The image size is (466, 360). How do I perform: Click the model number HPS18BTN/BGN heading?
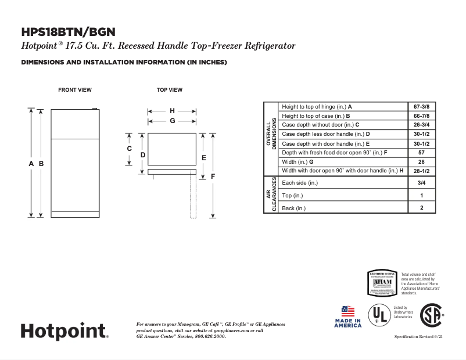click(x=68, y=32)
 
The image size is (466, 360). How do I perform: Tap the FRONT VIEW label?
click(x=75, y=90)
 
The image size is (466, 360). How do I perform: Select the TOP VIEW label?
click(x=170, y=90)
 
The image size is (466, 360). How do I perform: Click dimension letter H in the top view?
click(x=172, y=111)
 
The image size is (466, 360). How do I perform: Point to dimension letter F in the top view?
click(x=213, y=176)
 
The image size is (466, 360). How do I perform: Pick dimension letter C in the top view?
click(x=130, y=149)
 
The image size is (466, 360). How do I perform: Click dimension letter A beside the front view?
click(x=31, y=164)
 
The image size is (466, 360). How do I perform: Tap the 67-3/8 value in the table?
click(x=421, y=107)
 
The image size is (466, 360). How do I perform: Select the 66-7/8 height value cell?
click(x=421, y=116)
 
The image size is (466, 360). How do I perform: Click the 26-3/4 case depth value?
click(x=421, y=125)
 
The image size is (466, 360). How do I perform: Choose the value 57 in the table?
click(x=421, y=153)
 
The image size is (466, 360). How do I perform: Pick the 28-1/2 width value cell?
click(x=421, y=171)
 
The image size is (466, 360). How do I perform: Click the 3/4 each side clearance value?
click(x=421, y=183)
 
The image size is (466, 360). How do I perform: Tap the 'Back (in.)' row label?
click(x=293, y=208)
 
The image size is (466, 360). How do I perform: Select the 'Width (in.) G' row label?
click(x=297, y=162)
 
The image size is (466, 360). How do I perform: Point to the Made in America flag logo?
click(x=347, y=316)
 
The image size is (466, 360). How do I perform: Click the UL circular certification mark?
click(x=379, y=315)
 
